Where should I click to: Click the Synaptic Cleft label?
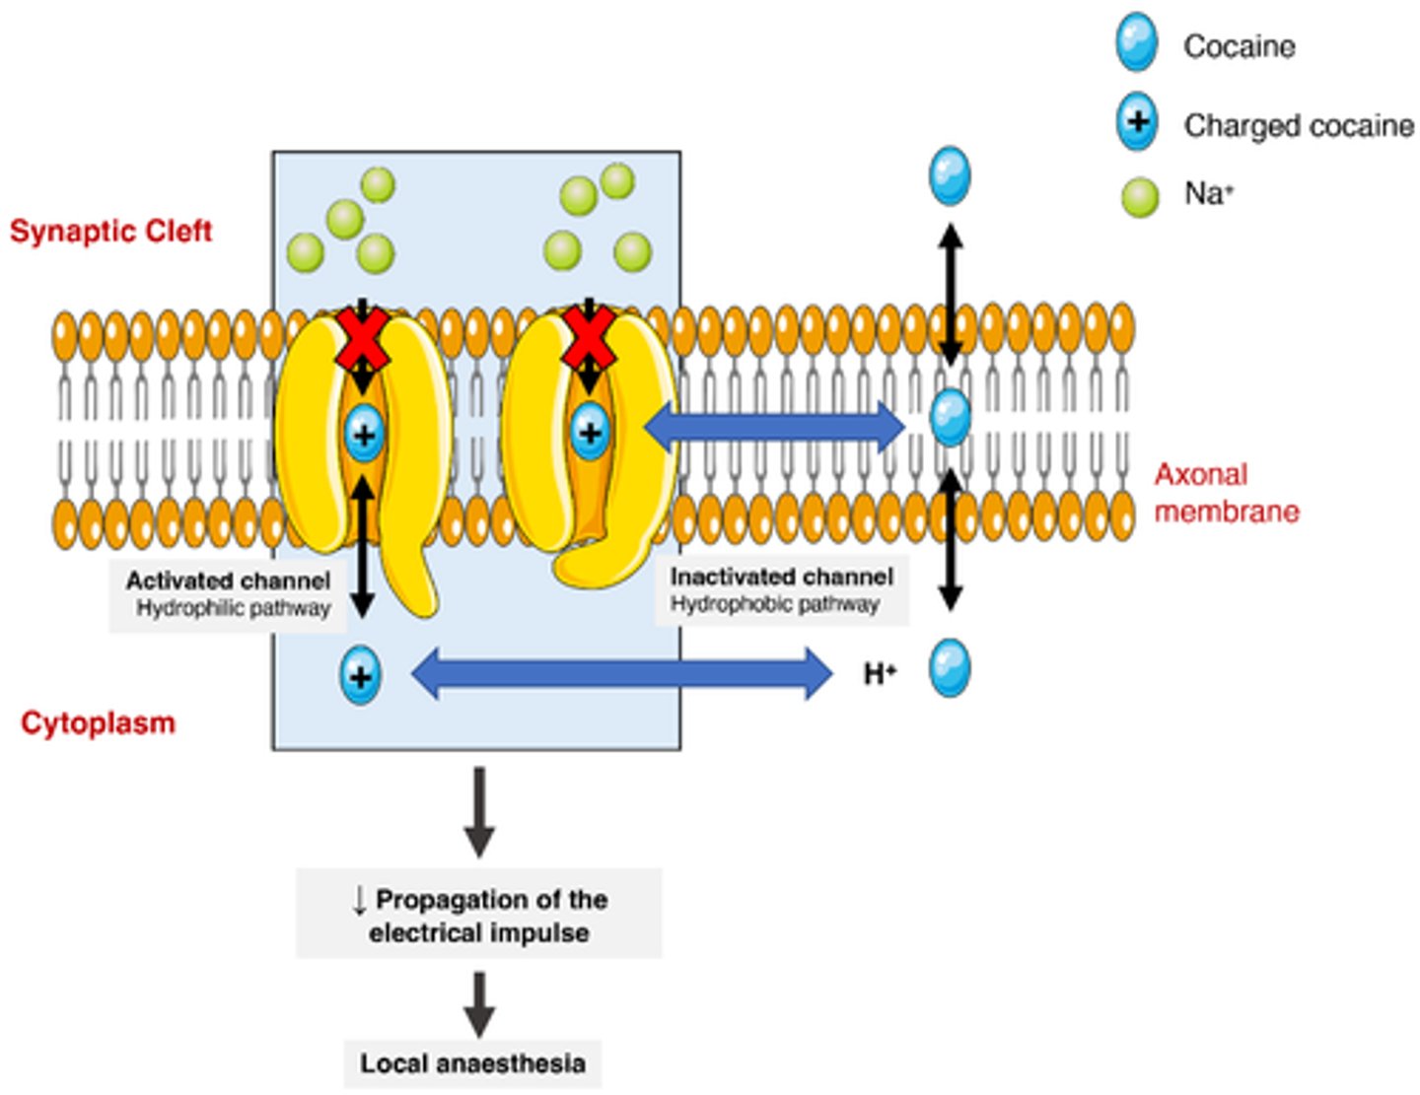pos(110,231)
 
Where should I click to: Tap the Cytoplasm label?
pos(98,722)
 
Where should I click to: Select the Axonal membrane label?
pos(1226,493)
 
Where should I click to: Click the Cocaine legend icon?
pos(1136,43)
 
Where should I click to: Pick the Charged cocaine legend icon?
pos(1137,122)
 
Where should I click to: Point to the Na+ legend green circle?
pos(1140,196)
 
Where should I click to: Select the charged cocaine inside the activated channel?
pos(364,434)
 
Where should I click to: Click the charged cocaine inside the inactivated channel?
pos(590,432)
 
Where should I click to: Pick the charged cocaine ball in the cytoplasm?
pos(360,676)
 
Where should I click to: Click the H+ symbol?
pos(880,674)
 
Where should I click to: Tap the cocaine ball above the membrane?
pos(950,176)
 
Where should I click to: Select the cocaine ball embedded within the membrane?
pos(950,417)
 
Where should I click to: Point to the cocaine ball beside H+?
pos(950,668)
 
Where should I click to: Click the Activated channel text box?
pos(228,594)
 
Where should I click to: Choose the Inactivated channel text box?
pos(781,589)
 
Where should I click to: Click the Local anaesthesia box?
pos(472,1063)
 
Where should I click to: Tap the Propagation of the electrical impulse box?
pos(478,915)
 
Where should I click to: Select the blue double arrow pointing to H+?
pos(621,674)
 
